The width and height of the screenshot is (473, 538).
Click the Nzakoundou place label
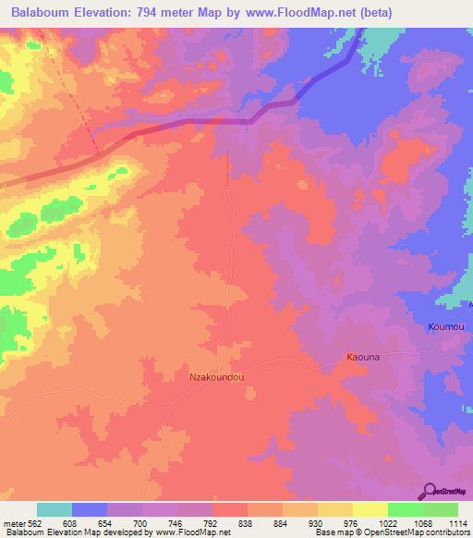[x=217, y=377]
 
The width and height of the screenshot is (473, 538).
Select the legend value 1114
[x=457, y=522]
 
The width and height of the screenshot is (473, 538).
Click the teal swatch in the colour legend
[x=55, y=509]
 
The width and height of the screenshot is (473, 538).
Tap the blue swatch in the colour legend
[x=90, y=509]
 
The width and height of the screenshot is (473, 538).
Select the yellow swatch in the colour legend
[x=370, y=509]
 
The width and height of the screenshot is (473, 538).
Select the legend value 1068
[x=422, y=522]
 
